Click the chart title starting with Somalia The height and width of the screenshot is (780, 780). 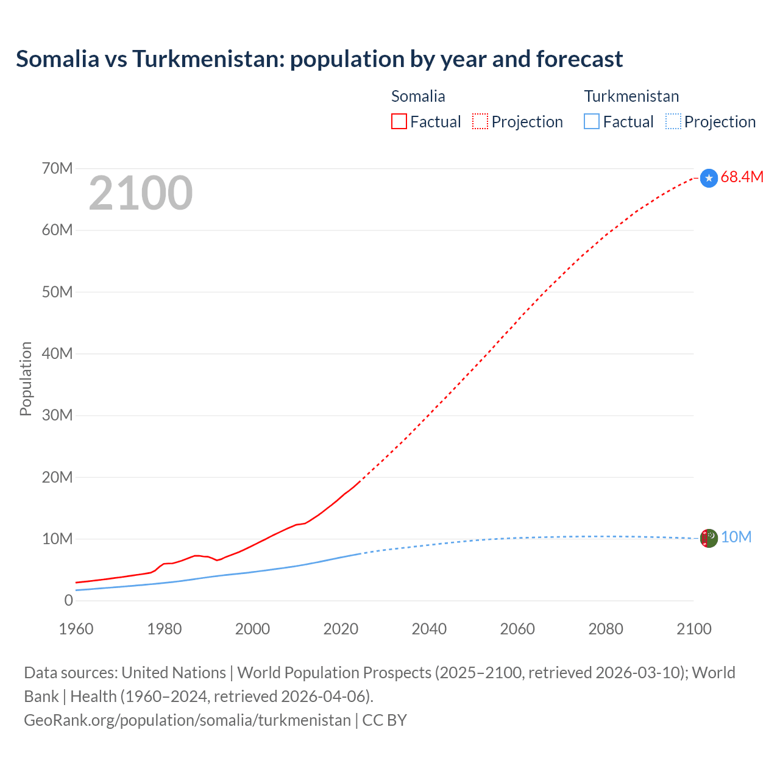tap(319, 59)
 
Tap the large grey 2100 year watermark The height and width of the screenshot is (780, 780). tap(141, 193)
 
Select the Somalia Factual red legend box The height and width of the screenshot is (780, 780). tap(399, 122)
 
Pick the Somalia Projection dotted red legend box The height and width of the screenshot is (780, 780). tap(480, 122)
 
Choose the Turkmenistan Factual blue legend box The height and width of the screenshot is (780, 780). tap(592, 122)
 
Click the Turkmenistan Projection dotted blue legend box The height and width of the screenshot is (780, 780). tap(673, 122)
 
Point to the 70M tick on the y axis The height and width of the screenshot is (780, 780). tap(57, 168)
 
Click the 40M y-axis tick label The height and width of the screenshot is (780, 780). tap(57, 353)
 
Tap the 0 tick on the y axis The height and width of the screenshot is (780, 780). tap(68, 600)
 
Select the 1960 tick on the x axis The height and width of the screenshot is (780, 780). tap(76, 629)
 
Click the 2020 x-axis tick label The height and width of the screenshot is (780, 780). tap(341, 629)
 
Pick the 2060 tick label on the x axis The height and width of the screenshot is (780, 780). tap(517, 629)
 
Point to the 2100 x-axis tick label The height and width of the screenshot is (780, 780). tap(694, 629)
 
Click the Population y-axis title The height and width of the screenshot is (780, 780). tap(26, 378)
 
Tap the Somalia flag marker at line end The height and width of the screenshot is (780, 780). tap(709, 178)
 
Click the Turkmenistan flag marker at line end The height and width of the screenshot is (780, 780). tap(709, 538)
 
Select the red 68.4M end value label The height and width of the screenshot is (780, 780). tap(742, 177)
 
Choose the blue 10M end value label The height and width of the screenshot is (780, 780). tap(736, 537)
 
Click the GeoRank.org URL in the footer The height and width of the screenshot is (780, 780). tap(187, 720)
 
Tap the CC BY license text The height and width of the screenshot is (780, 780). tap(385, 720)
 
